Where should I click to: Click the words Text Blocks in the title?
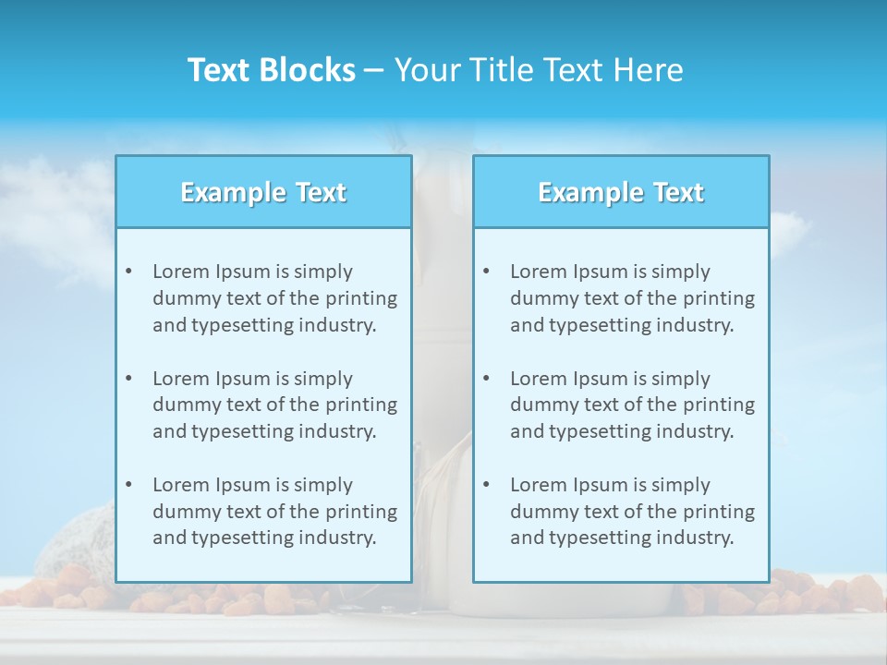[x=271, y=70]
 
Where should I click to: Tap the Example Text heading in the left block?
[x=263, y=192]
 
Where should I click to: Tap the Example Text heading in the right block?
[x=621, y=192]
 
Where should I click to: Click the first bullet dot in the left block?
[x=129, y=272]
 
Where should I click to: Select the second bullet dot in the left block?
[x=129, y=379]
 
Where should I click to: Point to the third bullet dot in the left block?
[x=129, y=485]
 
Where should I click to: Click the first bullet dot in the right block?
[x=487, y=272]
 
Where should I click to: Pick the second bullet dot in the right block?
[x=487, y=379]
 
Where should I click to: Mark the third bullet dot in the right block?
[x=487, y=485]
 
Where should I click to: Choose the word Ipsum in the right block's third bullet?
[x=601, y=485]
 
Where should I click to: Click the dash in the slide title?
[x=374, y=71]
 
